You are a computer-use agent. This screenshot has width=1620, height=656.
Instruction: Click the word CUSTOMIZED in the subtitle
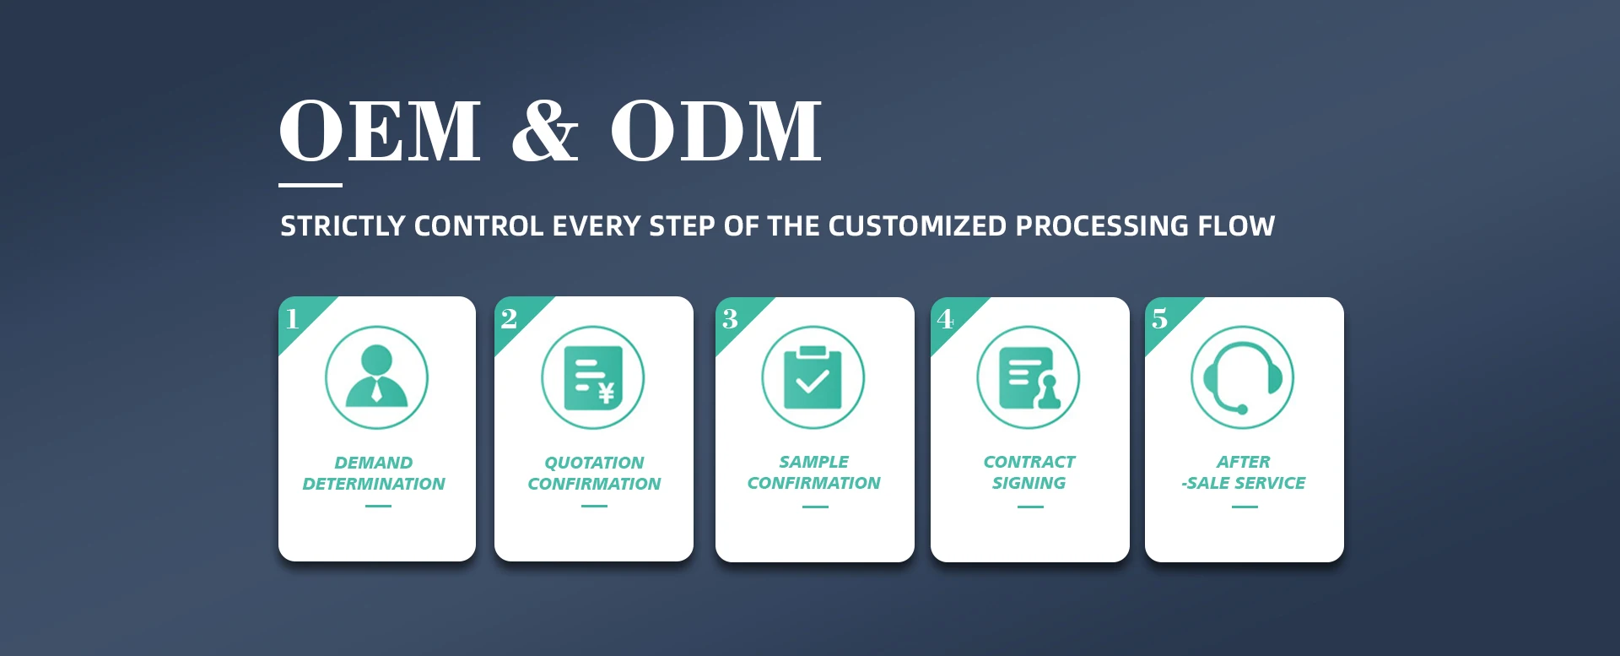[917, 226]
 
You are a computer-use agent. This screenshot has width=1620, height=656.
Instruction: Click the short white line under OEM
[310, 185]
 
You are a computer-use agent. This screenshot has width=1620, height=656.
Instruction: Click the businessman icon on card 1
[376, 377]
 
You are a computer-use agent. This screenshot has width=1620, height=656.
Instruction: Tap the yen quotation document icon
[593, 377]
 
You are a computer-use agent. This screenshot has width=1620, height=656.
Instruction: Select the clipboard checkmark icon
[813, 377]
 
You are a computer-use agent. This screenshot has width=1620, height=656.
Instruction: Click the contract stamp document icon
[1029, 377]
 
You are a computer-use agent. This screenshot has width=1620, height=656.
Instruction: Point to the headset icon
[1242, 377]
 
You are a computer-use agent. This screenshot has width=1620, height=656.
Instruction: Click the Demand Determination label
[374, 473]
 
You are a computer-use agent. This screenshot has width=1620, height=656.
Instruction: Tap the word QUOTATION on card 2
[594, 463]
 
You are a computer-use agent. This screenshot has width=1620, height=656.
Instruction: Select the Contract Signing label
[1029, 472]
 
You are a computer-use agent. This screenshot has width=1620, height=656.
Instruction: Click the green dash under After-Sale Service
[1245, 507]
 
